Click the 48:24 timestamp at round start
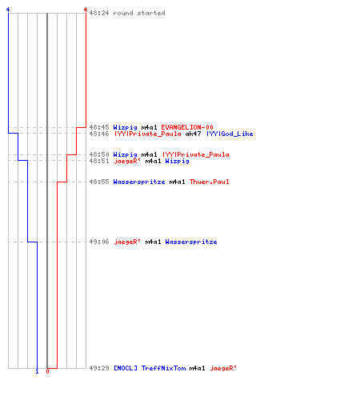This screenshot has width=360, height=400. click(x=99, y=13)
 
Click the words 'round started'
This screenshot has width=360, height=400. click(x=139, y=13)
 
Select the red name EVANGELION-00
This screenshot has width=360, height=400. click(x=187, y=127)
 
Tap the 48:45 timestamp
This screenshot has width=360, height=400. click(x=99, y=127)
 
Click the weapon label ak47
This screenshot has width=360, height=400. click(x=193, y=134)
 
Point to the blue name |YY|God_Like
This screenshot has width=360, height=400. click(x=230, y=134)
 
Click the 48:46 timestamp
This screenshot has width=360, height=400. click(x=99, y=134)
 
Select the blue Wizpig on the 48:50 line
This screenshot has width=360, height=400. click(x=125, y=154)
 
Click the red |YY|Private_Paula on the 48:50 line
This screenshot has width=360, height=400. click(x=196, y=154)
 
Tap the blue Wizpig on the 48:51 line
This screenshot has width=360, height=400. click(x=177, y=161)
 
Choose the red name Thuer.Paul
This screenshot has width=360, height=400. click(x=209, y=182)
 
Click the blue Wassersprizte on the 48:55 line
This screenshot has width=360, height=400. click(x=139, y=182)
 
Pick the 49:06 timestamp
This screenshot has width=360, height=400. click(x=99, y=242)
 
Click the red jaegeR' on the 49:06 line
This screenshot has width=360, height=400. click(x=127, y=242)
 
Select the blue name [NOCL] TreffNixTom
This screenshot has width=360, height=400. click(x=150, y=368)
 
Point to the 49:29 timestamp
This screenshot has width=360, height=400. click(x=99, y=368)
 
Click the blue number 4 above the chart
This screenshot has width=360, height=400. click(x=8, y=10)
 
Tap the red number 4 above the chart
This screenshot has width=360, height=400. click(x=86, y=10)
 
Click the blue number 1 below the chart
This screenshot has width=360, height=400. click(x=37, y=371)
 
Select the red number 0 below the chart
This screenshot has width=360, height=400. click(x=47, y=371)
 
